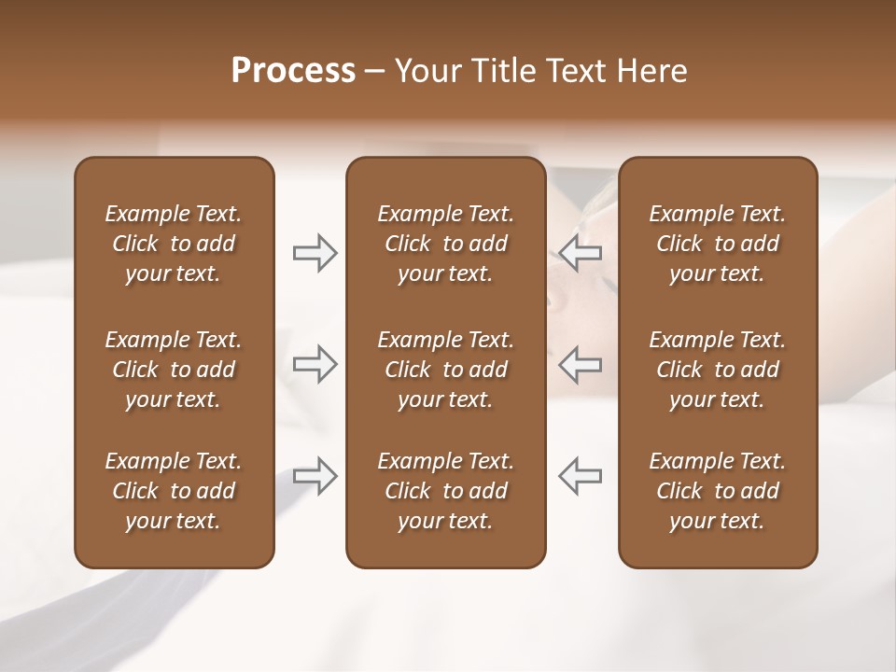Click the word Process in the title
pos(293,71)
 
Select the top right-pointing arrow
pos(315,253)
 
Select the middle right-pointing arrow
pos(315,364)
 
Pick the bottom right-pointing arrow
pos(315,476)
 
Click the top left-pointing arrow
pos(580,253)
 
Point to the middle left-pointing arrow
pos(580,364)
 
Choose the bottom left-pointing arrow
pos(580,476)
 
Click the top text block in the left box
pos(174,244)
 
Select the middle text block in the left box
pos(174,370)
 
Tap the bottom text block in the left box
pos(174,491)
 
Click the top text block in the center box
pos(445,244)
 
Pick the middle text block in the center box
pos(445,370)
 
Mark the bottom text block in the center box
pos(445,491)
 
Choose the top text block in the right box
pos(717,244)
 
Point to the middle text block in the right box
pos(717,370)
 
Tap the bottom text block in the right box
pos(717,491)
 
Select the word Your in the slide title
pos(426,71)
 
